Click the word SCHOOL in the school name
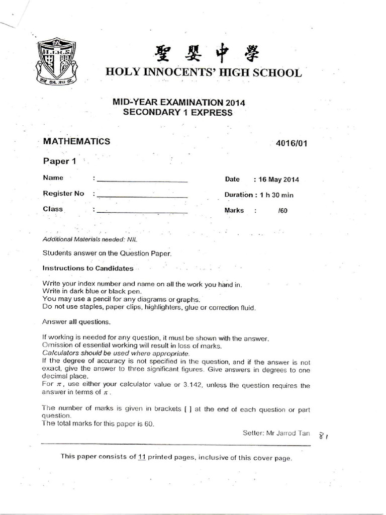click(276, 72)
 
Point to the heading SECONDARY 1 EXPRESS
click(178, 113)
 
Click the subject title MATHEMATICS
click(76, 142)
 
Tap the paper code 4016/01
click(291, 143)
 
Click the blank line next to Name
click(142, 180)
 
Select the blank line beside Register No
click(142, 196)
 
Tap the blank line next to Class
click(142, 212)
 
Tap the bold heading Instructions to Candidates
click(88, 269)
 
